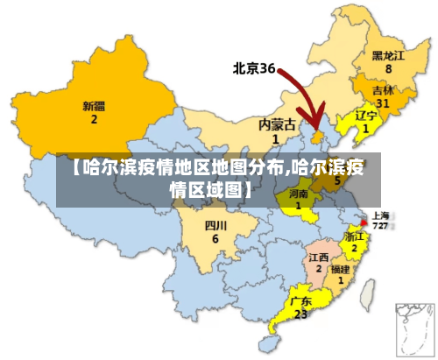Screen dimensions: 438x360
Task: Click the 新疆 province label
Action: tap(94, 106)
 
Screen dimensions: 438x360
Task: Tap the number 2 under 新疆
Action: tap(94, 120)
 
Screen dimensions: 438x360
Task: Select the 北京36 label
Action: tap(254, 67)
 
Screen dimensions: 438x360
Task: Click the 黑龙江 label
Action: tap(388, 53)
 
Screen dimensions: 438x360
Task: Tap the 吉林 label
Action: tap(383, 90)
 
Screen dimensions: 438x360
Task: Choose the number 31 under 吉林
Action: tap(383, 103)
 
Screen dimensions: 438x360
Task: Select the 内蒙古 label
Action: tap(275, 124)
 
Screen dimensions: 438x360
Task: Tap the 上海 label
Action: tap(382, 214)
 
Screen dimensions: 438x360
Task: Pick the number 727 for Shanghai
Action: tap(381, 225)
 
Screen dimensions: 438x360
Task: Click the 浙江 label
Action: tap(354, 236)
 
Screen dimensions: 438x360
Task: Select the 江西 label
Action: tap(319, 258)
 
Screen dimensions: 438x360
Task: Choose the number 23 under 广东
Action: tap(300, 314)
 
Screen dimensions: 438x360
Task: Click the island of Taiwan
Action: tap(368, 285)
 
